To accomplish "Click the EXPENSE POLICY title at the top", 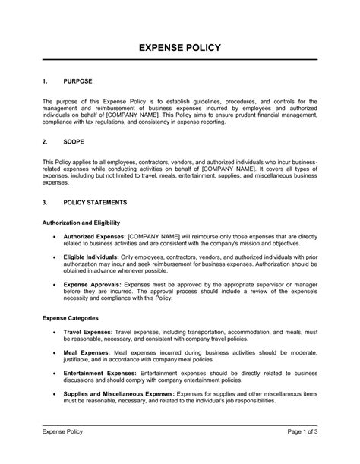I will (x=180, y=48).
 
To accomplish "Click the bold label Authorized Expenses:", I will (x=94, y=237).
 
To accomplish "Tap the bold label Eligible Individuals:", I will (x=95, y=258).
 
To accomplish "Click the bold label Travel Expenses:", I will (x=87, y=333).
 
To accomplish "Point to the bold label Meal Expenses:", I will (x=86, y=354).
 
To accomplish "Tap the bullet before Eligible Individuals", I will (x=52, y=258).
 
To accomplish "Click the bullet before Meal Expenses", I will (x=52, y=354).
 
